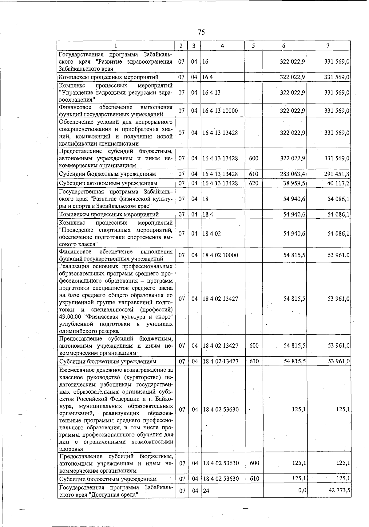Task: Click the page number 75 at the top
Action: click(x=201, y=32)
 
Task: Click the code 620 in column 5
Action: click(x=254, y=183)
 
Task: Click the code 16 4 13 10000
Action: click(x=220, y=111)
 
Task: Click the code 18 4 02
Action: click(x=212, y=234)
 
